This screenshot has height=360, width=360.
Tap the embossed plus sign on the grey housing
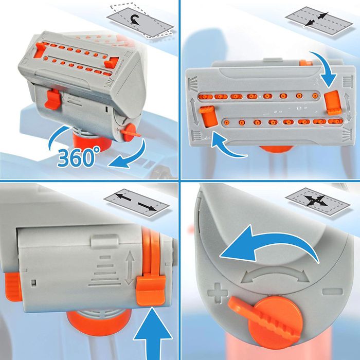coord(218,293)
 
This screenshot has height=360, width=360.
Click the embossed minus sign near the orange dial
coord(332,292)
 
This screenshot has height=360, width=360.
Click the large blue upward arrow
coord(153,334)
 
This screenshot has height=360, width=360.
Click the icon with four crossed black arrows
coord(317,201)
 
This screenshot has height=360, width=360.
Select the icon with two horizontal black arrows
coord(137,203)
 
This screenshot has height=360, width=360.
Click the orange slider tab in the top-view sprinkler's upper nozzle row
coord(332,102)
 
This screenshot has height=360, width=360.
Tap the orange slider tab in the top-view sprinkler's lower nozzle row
coord(208,116)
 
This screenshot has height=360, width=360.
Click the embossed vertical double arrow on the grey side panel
coord(130,268)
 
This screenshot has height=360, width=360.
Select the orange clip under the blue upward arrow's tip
coord(151,291)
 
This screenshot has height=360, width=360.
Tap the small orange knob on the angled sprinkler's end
coord(130,133)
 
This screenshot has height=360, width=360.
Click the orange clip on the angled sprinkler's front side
coord(53,99)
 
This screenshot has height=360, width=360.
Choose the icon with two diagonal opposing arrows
coord(319,21)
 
